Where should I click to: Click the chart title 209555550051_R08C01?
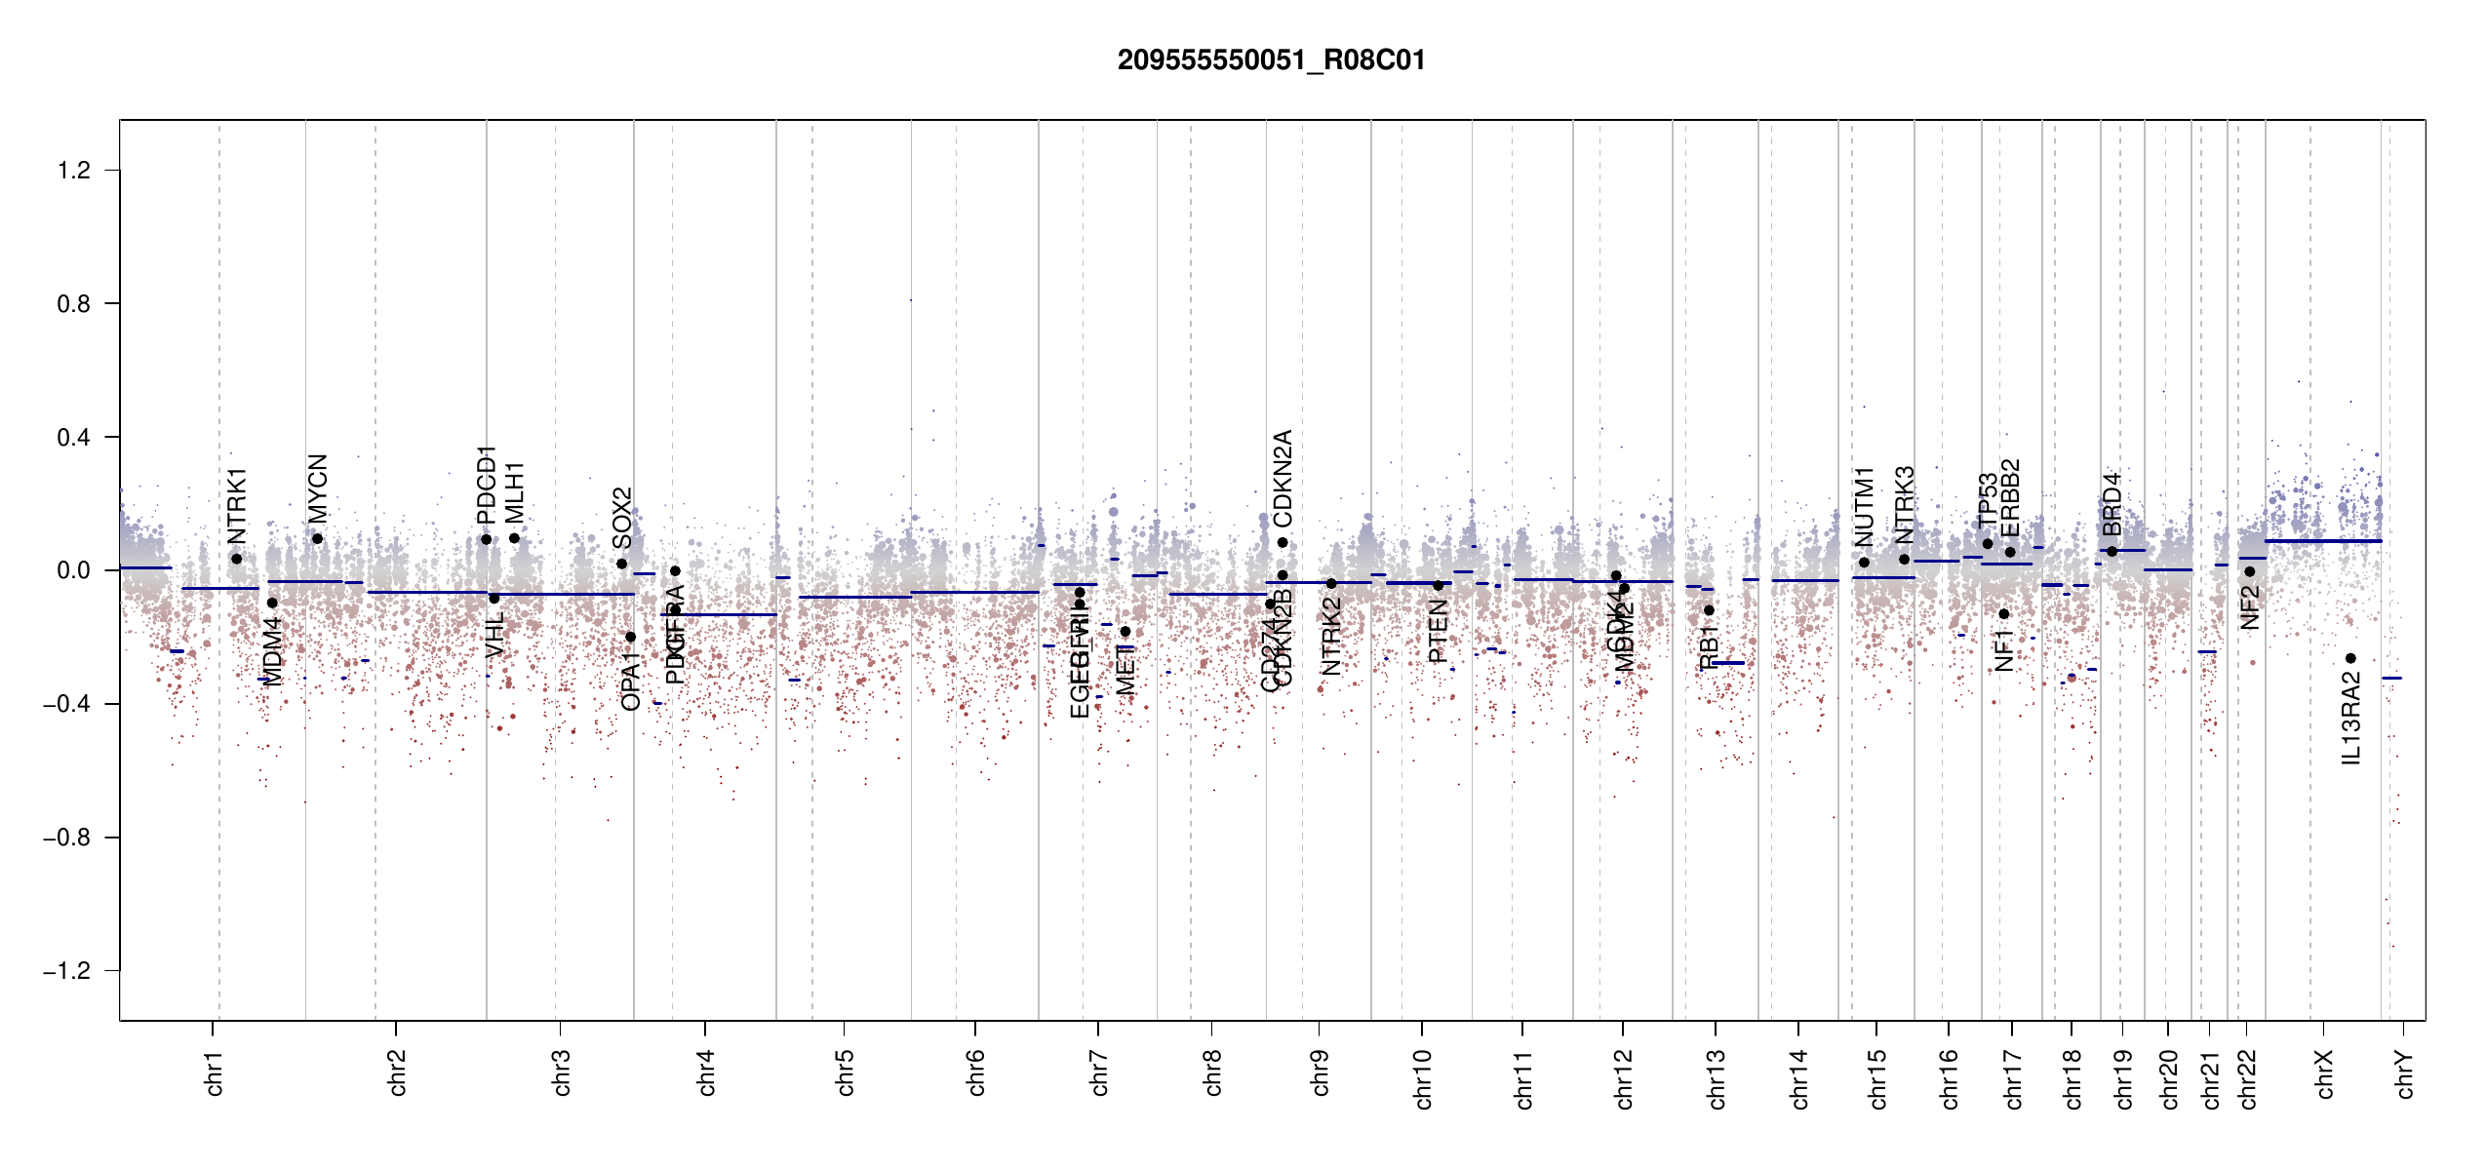[1271, 60]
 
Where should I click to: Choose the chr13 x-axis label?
[1717, 1078]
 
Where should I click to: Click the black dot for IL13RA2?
[2350, 658]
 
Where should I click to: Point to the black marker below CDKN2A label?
[1283, 543]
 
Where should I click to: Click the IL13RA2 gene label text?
[2351, 719]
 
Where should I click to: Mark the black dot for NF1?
[2004, 614]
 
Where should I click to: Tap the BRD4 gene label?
[2112, 504]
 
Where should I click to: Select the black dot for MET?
[1125, 632]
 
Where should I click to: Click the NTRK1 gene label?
[237, 505]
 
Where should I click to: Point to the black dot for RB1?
[1709, 610]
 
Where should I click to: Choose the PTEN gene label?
[1439, 631]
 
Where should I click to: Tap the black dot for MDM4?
[272, 603]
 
